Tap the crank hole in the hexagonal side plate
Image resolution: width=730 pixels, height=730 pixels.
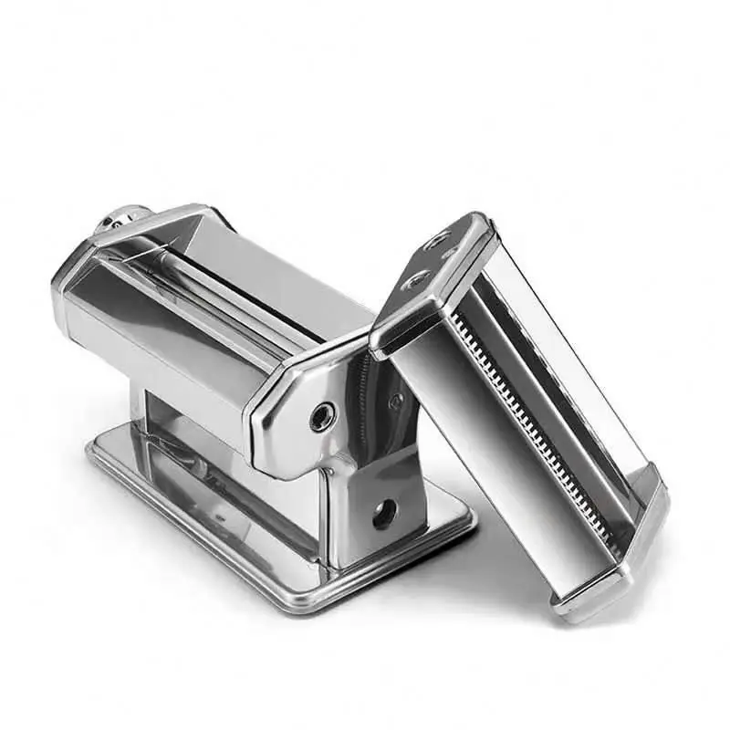click(x=322, y=417)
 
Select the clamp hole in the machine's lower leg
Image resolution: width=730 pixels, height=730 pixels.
click(x=384, y=513)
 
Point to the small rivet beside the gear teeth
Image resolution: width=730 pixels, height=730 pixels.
click(x=395, y=400)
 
